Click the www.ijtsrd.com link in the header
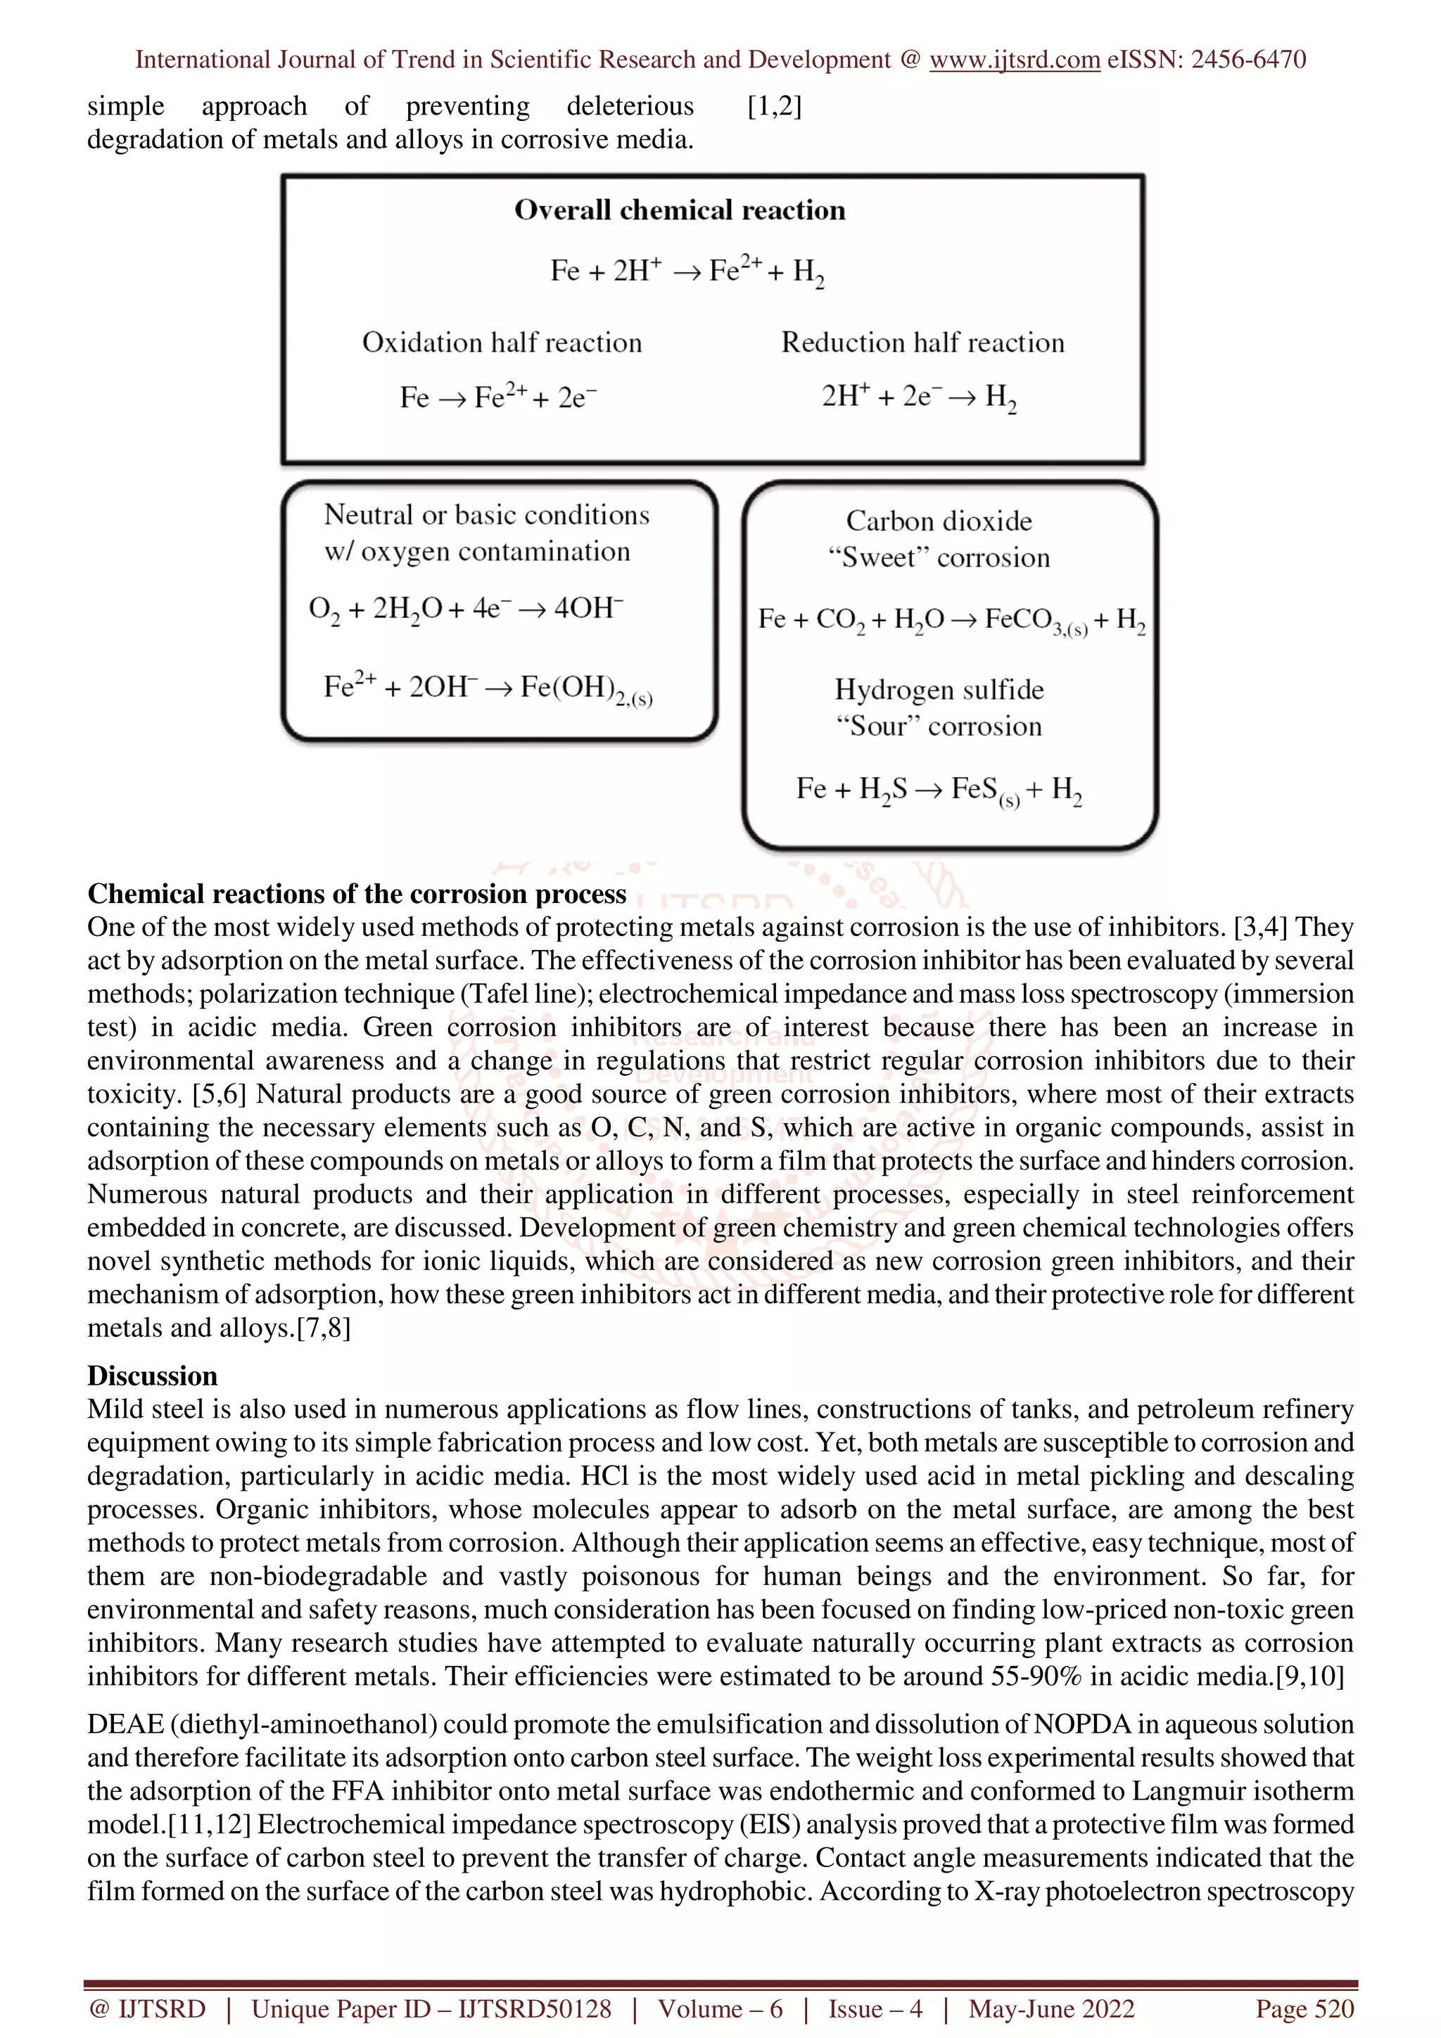coord(1014,60)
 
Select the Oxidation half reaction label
coord(502,342)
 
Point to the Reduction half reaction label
coord(922,342)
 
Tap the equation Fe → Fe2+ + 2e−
coord(498,397)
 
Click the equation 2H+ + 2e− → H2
coord(919,397)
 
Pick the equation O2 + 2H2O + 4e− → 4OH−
coord(466,609)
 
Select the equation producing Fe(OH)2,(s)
coord(488,688)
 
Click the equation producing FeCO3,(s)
coord(951,620)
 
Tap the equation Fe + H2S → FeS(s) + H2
coord(939,789)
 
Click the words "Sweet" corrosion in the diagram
coord(939,558)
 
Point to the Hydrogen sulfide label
coord(939,690)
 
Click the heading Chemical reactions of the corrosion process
coord(356,893)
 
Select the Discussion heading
coord(152,1375)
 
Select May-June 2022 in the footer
coord(1051,2008)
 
